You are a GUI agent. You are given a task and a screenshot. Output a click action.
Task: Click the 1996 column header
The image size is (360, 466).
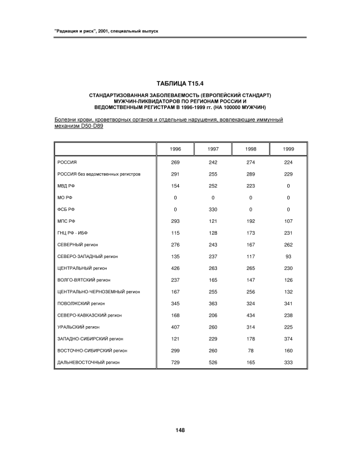pyautogui.click(x=175, y=149)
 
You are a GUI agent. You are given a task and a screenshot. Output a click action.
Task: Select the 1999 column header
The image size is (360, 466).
pyautogui.click(x=288, y=149)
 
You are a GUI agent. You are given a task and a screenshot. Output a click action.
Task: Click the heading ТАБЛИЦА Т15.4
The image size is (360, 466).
pyautogui.click(x=179, y=84)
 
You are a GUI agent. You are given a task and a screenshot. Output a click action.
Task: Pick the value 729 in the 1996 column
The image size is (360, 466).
pyautogui.click(x=175, y=362)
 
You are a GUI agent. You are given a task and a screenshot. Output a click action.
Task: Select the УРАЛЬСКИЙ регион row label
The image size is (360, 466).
pyautogui.click(x=78, y=327)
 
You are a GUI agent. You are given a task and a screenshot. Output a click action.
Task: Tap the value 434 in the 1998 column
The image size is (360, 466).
pyautogui.click(x=250, y=315)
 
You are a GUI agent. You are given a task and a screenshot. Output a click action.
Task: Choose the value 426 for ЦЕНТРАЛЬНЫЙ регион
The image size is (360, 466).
pyautogui.click(x=175, y=268)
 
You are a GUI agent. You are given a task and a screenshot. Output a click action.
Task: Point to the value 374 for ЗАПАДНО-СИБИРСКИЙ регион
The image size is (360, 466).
pyautogui.click(x=288, y=339)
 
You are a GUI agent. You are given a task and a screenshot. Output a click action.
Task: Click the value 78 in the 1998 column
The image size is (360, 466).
pyautogui.click(x=250, y=350)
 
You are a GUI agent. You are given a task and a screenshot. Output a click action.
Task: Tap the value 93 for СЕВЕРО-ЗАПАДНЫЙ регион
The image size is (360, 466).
pyautogui.click(x=288, y=256)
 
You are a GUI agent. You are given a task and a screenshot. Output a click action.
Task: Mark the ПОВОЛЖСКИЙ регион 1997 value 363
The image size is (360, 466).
pyautogui.click(x=213, y=303)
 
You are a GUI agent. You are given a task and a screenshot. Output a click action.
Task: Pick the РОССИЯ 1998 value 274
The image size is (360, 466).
pyautogui.click(x=250, y=163)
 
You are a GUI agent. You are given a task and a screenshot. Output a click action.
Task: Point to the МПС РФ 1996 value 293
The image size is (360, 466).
pyautogui.click(x=175, y=221)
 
